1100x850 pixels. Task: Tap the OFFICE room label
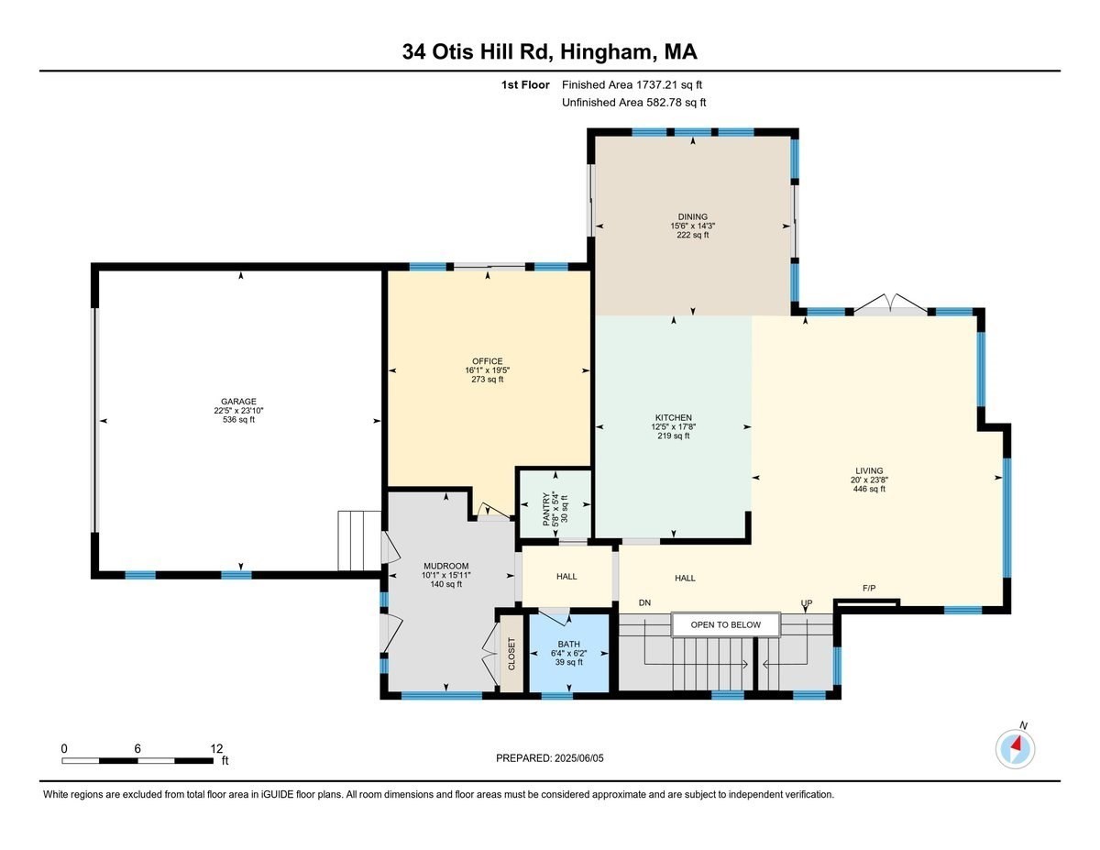click(x=487, y=361)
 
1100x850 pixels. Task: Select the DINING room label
click(x=692, y=217)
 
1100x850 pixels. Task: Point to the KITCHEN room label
click(x=673, y=418)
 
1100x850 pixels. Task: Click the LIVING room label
click(x=869, y=471)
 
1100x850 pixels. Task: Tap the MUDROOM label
click(x=445, y=566)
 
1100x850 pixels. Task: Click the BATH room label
click(x=568, y=644)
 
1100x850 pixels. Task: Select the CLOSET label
click(x=511, y=652)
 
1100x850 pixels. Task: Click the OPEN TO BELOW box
click(x=725, y=625)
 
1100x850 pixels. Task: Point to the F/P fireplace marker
click(x=869, y=588)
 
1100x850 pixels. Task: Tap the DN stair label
click(x=644, y=603)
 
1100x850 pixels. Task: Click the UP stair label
click(x=807, y=603)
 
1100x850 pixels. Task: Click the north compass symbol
click(x=1015, y=747)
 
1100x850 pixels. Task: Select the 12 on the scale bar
click(x=216, y=748)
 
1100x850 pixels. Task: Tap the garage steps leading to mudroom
click(x=358, y=542)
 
